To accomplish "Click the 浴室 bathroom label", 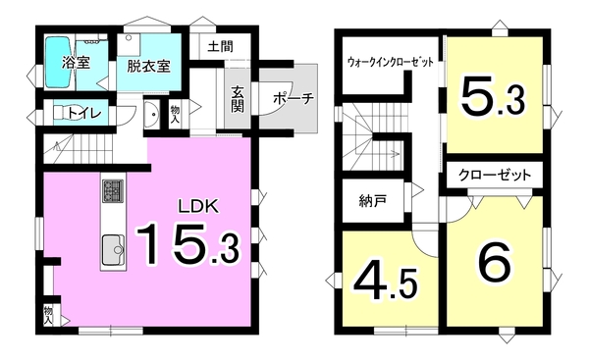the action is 77,63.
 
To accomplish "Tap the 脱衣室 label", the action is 149,67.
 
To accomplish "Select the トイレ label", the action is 84,112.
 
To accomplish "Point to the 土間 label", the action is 220,46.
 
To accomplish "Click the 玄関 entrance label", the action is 238,99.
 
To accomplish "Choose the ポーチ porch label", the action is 294,99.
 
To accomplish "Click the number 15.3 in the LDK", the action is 187,244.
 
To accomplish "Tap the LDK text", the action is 198,206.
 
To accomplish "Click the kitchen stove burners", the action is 113,190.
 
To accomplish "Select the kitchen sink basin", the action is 114,249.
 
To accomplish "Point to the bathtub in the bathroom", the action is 59,63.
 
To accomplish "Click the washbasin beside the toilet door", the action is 153,113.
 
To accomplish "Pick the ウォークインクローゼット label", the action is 391,62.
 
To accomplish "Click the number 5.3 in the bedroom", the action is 493,96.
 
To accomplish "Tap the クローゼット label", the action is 495,176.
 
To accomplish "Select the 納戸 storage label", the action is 373,202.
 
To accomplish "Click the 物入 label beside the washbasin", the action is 175,113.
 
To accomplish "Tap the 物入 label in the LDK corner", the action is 48,315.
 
